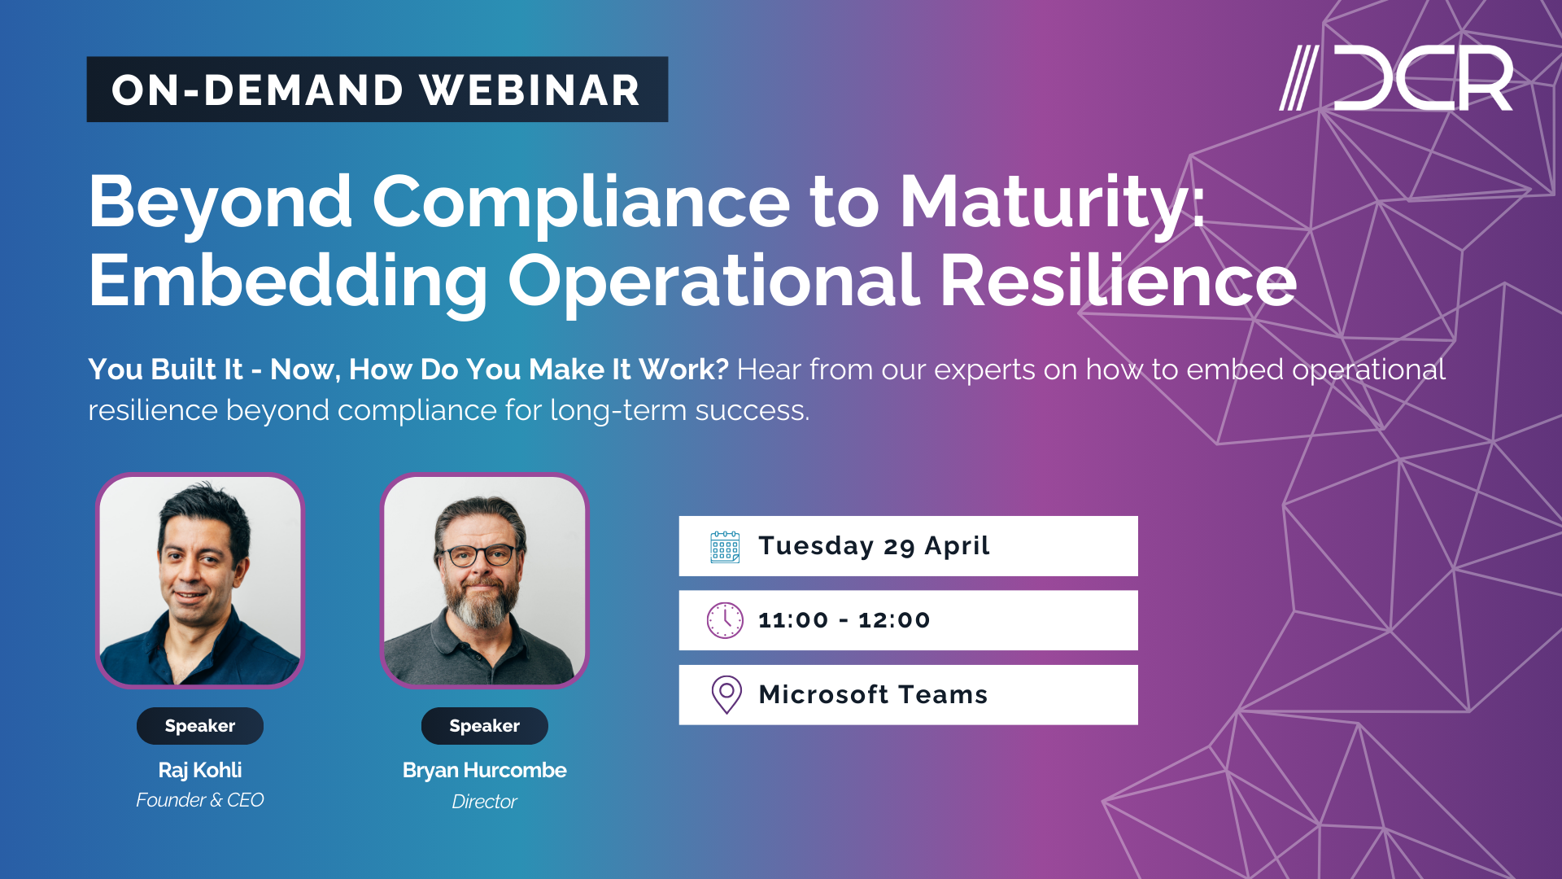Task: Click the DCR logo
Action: [x=1396, y=78]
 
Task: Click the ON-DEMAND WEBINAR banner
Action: [x=377, y=90]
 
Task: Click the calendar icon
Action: [x=725, y=547]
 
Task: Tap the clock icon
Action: [x=725, y=620]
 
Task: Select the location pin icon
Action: [x=726, y=694]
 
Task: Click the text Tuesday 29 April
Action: [x=874, y=546]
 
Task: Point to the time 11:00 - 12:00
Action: [x=844, y=620]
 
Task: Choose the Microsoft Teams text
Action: [x=873, y=694]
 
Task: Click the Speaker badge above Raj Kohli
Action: [x=200, y=726]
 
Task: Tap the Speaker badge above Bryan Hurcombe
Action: [x=484, y=726]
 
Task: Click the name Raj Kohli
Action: [x=200, y=770]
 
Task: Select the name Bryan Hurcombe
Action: [x=484, y=770]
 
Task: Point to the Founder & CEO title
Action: [x=200, y=800]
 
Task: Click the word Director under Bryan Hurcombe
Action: [x=484, y=802]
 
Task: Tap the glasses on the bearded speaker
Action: [x=478, y=557]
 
